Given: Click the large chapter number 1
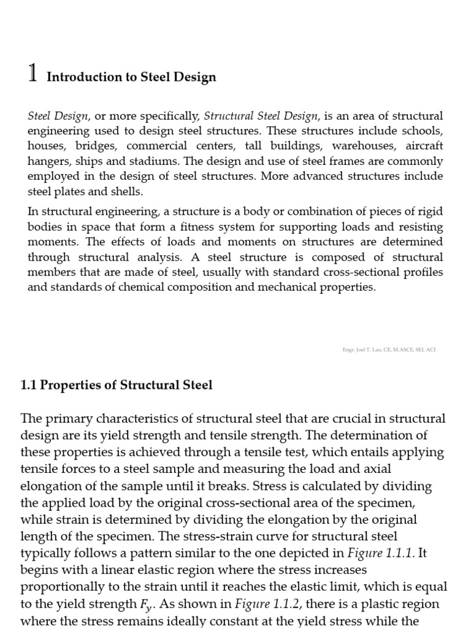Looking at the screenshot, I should click(34, 74).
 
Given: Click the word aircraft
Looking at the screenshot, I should click(421, 147).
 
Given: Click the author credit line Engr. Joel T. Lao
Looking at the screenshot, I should click(389, 350).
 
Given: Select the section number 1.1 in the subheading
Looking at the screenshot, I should click(29, 385).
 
